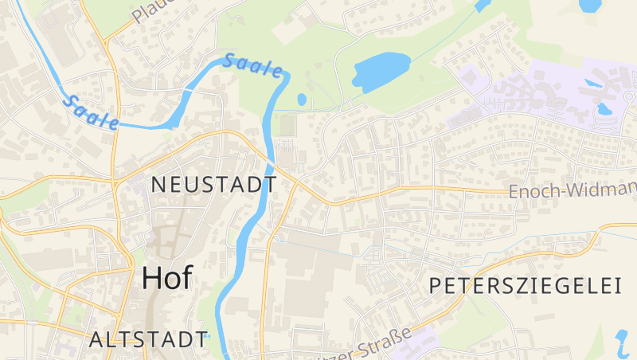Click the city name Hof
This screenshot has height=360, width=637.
(167, 277)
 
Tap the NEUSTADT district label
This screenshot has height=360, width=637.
(214, 185)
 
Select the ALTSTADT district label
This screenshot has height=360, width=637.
(149, 338)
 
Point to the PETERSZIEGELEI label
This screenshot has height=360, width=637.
(525, 286)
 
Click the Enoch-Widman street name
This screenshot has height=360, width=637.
(572, 190)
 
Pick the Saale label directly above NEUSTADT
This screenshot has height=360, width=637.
(253, 66)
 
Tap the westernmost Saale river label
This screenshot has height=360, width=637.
(91, 112)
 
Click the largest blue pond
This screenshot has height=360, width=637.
(380, 70)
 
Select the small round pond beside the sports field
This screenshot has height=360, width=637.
(302, 100)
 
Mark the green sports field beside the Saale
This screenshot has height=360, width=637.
(287, 125)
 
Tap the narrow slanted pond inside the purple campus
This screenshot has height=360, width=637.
(592, 82)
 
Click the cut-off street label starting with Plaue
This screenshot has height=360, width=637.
(147, 11)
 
